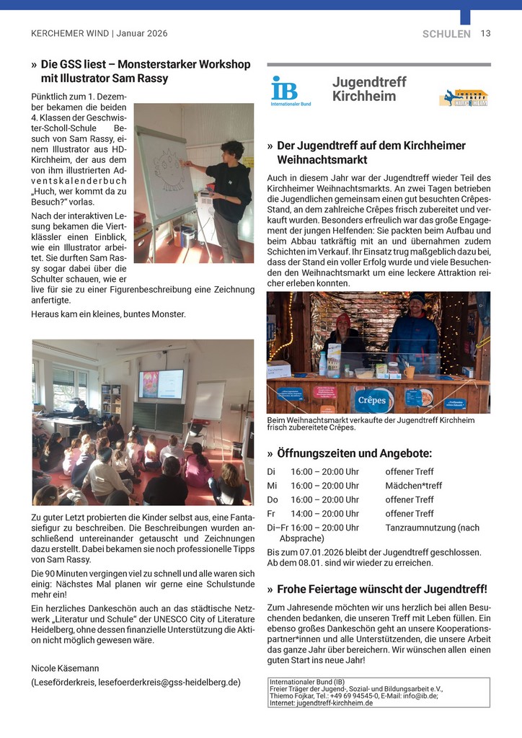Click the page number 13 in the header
click(485, 34)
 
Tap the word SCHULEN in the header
click(446, 34)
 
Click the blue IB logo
click(284, 89)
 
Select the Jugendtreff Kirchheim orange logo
click(463, 97)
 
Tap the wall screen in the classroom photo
click(161, 385)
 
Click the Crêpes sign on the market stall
click(372, 400)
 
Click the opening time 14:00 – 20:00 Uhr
click(324, 514)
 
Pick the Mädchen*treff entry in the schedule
click(414, 486)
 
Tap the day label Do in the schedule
click(272, 499)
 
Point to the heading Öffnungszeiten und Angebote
click(354, 453)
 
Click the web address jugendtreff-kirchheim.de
click(330, 703)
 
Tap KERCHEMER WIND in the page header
click(70, 34)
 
